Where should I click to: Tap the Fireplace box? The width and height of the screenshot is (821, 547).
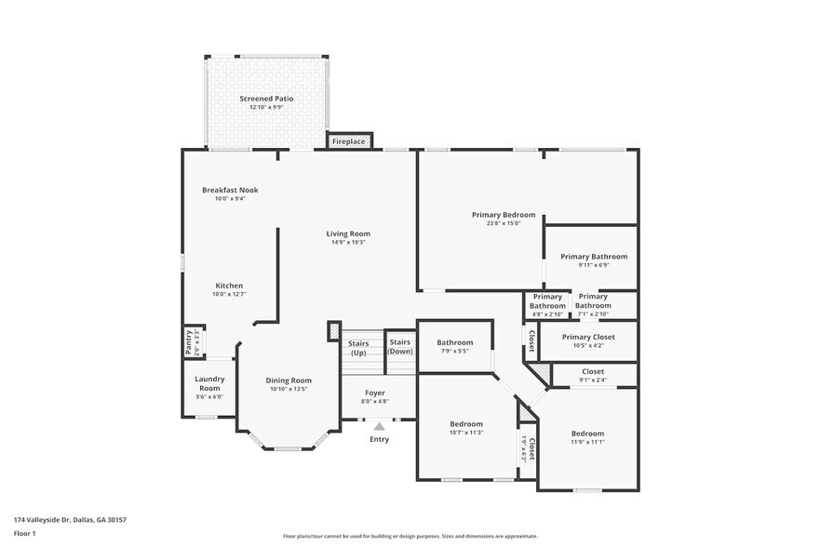click(x=349, y=141)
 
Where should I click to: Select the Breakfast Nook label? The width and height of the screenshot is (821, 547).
click(x=230, y=190)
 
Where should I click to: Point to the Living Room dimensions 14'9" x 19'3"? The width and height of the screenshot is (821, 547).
click(x=348, y=242)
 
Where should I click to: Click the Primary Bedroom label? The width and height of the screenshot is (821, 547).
click(x=503, y=215)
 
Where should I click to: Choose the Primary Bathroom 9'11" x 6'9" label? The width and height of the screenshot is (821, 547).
click(x=593, y=257)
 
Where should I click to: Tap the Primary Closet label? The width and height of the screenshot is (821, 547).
click(x=588, y=337)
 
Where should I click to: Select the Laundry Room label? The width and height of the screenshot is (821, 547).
click(x=209, y=383)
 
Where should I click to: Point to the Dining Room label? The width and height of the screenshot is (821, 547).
click(x=289, y=380)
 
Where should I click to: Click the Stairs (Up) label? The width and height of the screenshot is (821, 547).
click(x=358, y=348)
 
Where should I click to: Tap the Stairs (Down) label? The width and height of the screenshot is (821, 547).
click(x=399, y=346)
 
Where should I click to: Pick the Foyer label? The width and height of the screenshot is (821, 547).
click(x=374, y=394)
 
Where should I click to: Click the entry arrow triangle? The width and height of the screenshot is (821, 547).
click(x=379, y=426)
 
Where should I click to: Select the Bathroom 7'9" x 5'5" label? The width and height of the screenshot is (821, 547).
click(x=454, y=343)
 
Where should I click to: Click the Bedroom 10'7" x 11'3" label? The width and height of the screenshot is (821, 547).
click(x=466, y=424)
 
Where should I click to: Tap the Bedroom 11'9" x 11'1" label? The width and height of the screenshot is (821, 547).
click(x=587, y=434)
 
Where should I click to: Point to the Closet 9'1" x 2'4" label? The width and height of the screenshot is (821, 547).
click(x=593, y=372)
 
